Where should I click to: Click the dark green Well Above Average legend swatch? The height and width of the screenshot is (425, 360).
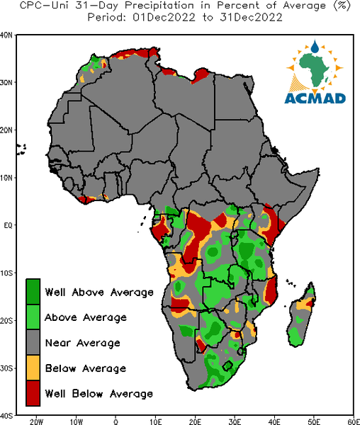33,292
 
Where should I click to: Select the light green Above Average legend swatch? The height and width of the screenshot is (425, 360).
33,317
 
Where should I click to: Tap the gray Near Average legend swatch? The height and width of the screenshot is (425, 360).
33,342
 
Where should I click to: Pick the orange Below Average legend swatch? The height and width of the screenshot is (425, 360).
33,368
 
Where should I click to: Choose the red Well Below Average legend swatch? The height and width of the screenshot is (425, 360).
33,393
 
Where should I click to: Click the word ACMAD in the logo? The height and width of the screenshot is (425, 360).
315,98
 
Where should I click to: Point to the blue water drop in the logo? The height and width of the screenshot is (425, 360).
315,47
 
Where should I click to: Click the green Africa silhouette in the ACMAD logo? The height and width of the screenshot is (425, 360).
315,69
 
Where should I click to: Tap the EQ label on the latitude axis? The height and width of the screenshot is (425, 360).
8,225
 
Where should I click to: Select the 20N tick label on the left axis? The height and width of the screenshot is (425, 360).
6,130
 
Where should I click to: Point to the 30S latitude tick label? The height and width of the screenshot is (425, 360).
6,368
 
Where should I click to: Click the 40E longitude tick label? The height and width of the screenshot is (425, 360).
274,421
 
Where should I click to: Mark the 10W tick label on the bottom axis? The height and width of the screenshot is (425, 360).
76,421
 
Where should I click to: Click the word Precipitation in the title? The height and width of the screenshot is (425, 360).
159,6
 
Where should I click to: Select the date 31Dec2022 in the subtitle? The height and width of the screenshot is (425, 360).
251,17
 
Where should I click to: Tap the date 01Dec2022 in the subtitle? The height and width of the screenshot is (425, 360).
164,17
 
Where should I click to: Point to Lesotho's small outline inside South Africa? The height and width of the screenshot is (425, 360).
227,366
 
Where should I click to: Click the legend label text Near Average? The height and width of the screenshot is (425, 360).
83,343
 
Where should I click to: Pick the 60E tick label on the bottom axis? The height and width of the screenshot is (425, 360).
354,421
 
